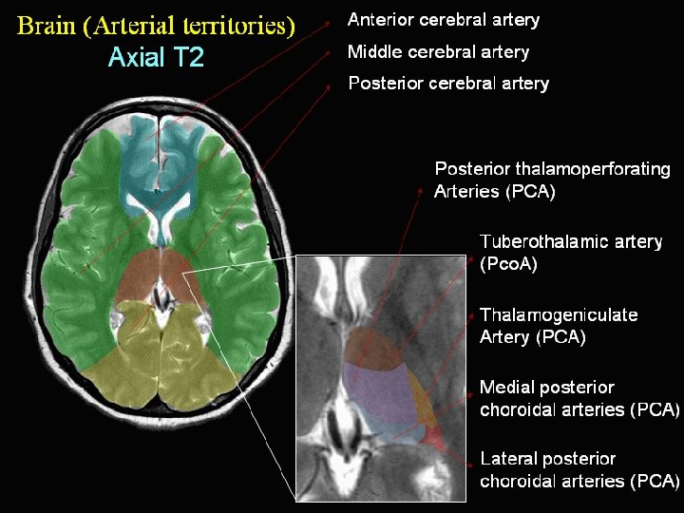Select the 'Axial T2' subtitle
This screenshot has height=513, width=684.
(x=156, y=58)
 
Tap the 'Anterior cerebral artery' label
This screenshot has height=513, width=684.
(x=444, y=20)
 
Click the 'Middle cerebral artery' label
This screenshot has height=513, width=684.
(x=438, y=51)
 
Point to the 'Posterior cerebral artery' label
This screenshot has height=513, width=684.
(x=448, y=83)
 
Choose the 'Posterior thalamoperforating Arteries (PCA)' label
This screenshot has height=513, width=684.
(x=552, y=180)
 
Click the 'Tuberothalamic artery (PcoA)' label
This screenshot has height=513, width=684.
(x=570, y=253)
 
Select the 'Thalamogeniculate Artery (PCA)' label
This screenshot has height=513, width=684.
(x=559, y=325)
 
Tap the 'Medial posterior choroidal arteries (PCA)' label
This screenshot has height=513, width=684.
(x=579, y=398)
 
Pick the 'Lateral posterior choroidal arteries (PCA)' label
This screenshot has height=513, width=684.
(x=579, y=469)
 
